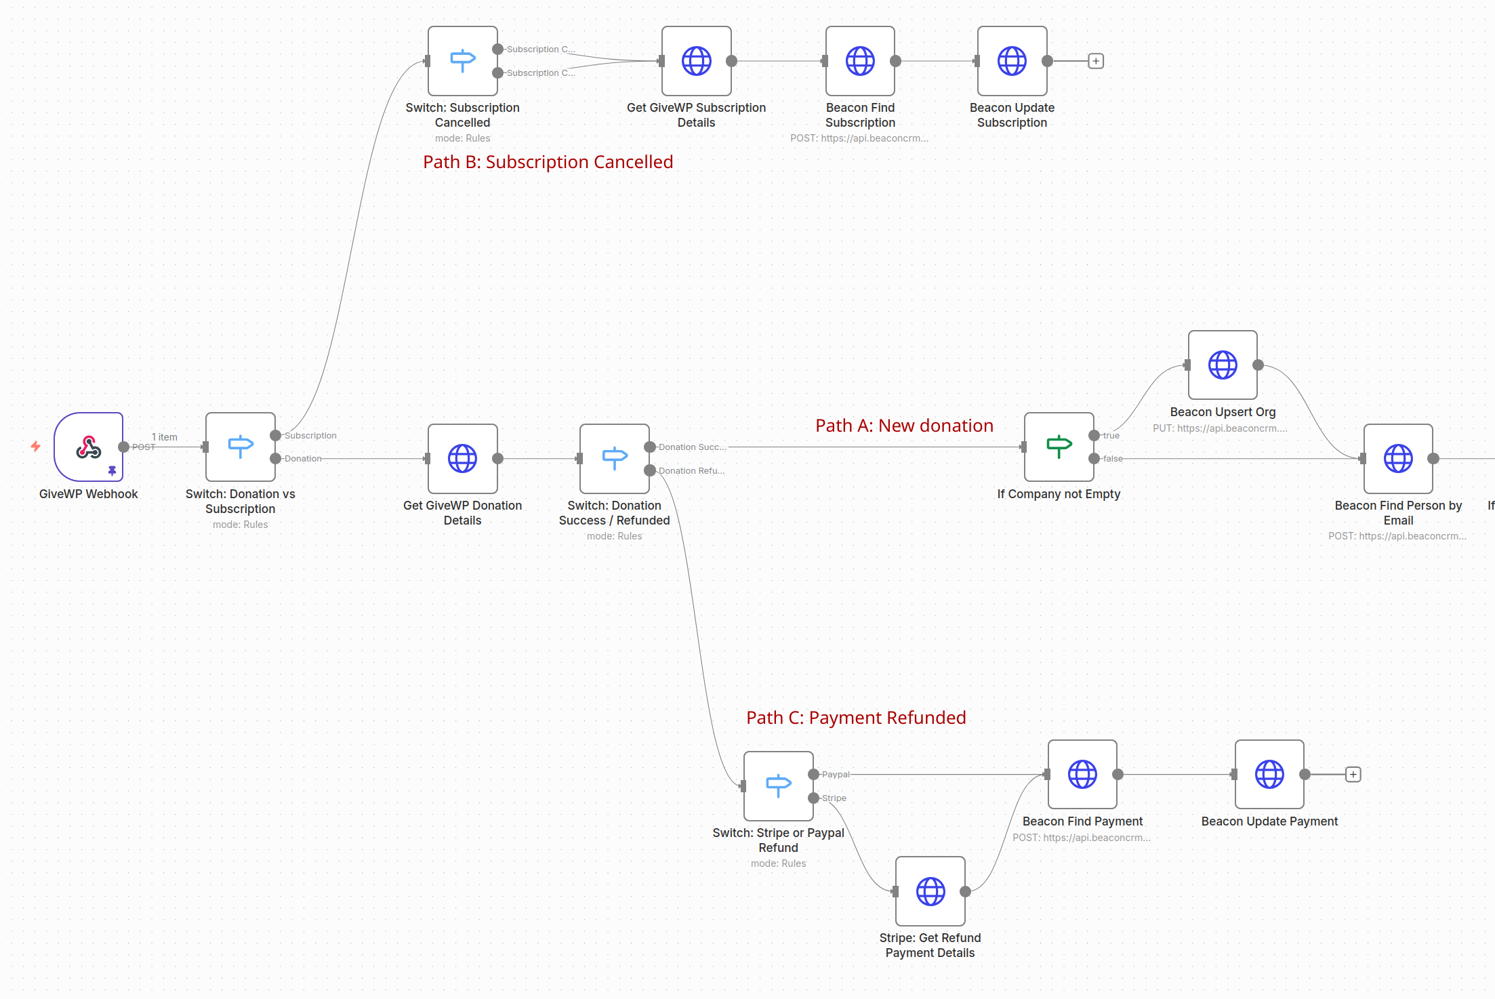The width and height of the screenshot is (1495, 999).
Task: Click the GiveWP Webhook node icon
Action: tap(89, 447)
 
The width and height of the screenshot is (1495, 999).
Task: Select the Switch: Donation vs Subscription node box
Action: tap(241, 447)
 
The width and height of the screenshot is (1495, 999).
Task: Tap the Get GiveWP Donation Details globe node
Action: tap(463, 459)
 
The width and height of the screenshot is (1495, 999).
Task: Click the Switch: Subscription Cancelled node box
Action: tap(463, 61)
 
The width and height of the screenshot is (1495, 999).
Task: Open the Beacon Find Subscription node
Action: tap(860, 61)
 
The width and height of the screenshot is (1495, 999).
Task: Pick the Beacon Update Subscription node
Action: tap(1012, 61)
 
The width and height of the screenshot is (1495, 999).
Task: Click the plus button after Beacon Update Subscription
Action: tap(1096, 61)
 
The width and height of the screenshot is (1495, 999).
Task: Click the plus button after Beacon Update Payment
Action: tap(1353, 774)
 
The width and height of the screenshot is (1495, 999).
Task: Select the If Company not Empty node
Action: tap(1059, 447)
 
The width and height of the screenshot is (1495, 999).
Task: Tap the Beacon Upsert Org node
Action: tap(1223, 365)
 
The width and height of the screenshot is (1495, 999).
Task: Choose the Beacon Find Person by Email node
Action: tap(1398, 459)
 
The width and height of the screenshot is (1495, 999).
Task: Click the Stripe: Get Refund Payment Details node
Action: tap(930, 891)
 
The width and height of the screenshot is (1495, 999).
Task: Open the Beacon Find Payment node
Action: tap(1082, 774)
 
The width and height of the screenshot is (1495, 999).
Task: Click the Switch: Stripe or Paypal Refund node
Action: tap(778, 786)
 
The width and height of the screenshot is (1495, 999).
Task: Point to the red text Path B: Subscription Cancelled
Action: tap(548, 162)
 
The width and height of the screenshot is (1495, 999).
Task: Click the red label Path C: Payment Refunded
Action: tap(856, 718)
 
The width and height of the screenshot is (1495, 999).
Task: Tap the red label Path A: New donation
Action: tap(904, 426)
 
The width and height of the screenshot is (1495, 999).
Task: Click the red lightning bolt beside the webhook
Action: tap(36, 446)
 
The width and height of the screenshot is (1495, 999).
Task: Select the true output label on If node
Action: tap(1111, 436)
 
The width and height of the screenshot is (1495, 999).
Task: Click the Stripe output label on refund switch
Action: tap(834, 798)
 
